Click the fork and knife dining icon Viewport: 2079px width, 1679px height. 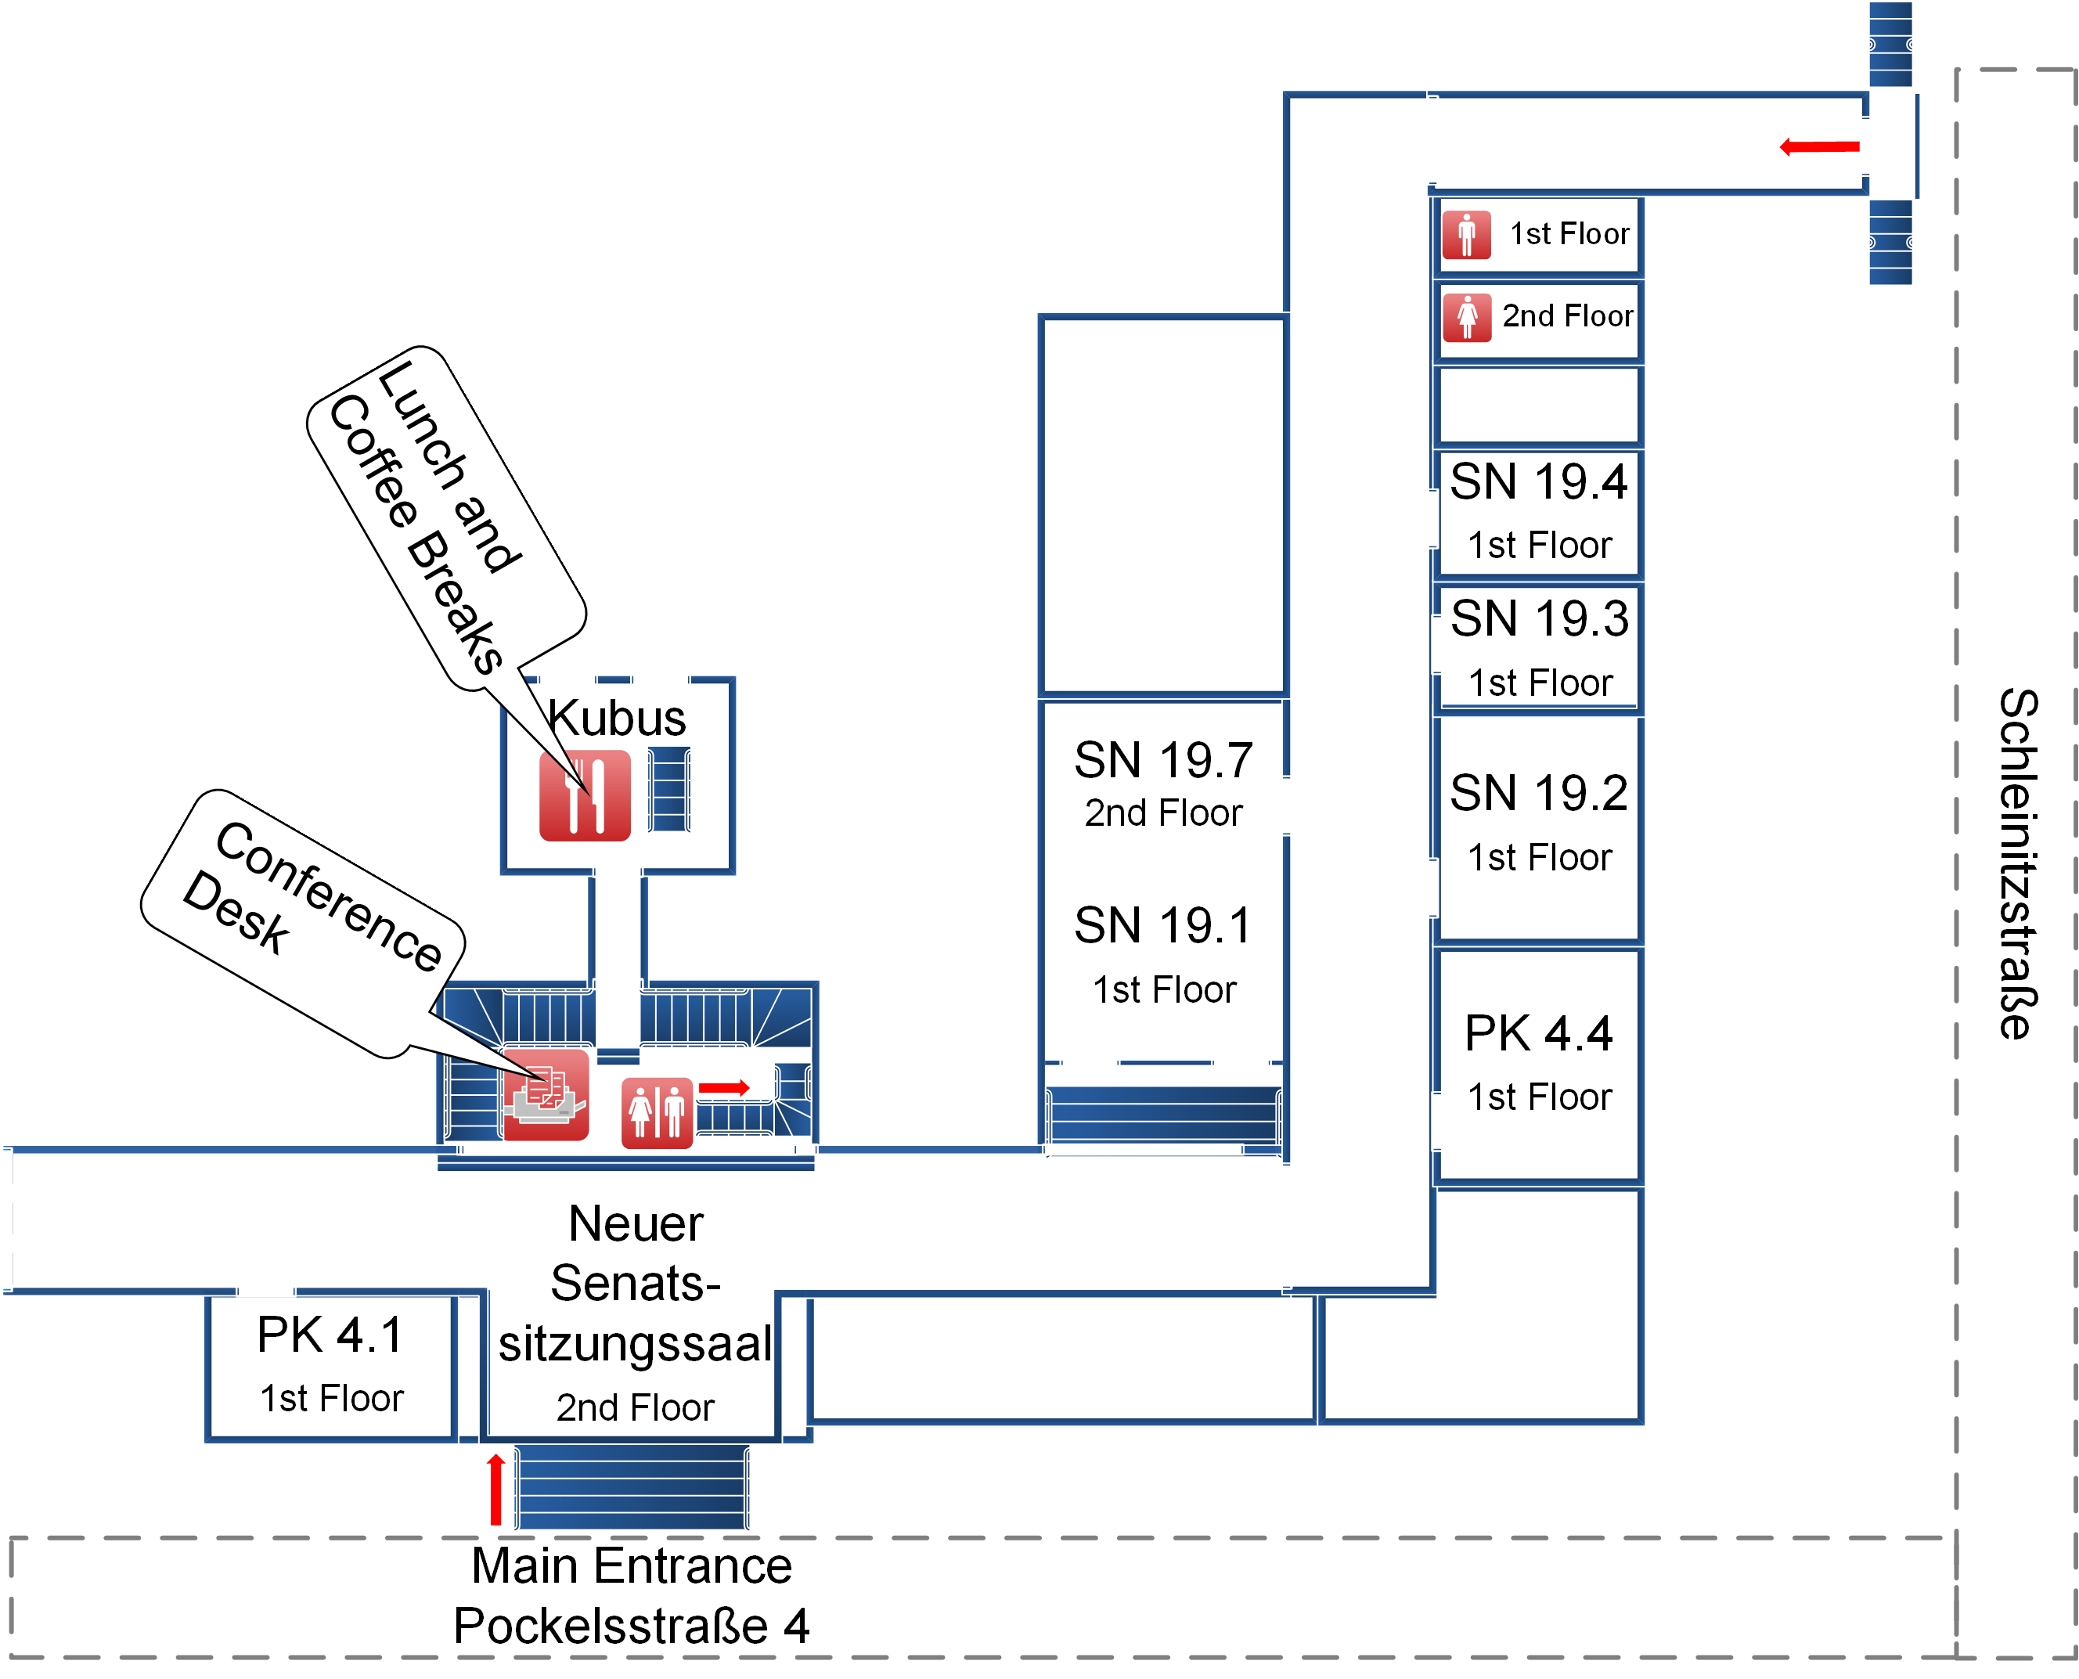584,795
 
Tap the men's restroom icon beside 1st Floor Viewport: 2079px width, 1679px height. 1466,235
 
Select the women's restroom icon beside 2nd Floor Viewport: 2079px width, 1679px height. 1466,317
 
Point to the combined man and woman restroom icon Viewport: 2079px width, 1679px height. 657,1112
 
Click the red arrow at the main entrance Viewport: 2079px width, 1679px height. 496,1490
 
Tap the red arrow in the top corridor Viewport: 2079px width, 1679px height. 1819,147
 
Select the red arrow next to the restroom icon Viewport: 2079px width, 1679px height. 723,1088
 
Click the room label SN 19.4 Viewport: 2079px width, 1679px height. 1538,481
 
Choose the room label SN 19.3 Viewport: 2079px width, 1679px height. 1540,618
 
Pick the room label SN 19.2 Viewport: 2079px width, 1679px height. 1538,793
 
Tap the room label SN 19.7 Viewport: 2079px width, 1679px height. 1163,760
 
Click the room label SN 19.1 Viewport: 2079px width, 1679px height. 1162,925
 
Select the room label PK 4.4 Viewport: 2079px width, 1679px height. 1538,1034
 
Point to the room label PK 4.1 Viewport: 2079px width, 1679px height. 330,1335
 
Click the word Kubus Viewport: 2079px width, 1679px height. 616,718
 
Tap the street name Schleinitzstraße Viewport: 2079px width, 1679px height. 2018,863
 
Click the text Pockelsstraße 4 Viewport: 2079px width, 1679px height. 632,1626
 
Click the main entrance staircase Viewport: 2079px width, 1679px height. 632,1486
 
